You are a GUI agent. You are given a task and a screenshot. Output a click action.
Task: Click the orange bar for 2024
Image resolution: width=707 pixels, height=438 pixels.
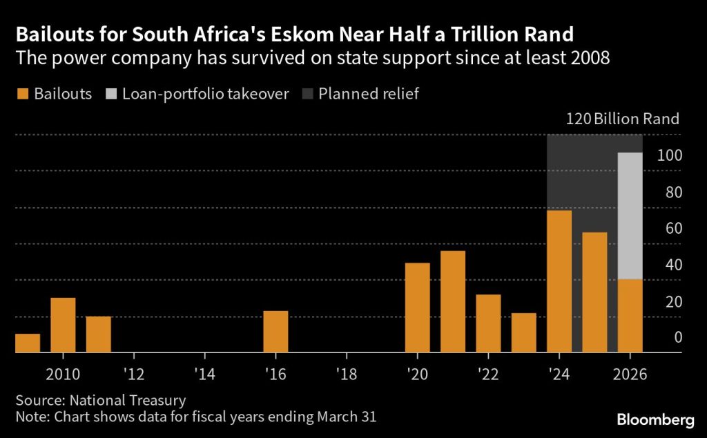[559, 281]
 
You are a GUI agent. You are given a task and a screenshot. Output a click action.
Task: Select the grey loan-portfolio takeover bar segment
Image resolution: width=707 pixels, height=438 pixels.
[630, 216]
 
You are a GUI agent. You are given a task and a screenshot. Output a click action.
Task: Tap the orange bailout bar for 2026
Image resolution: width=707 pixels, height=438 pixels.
[630, 316]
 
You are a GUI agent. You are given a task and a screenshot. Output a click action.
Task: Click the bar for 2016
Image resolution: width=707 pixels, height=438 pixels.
[275, 332]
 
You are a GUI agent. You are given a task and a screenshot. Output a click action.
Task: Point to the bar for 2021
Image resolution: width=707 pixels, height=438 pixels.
[452, 302]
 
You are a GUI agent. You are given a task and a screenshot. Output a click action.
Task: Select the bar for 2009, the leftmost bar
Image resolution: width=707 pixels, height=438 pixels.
[28, 344]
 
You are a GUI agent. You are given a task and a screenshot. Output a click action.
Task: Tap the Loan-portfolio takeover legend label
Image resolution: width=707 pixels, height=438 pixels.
[205, 94]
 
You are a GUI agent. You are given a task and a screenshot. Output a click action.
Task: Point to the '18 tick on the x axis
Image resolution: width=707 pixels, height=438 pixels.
[346, 374]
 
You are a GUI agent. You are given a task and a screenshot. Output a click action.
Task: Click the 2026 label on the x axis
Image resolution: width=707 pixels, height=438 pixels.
[630, 374]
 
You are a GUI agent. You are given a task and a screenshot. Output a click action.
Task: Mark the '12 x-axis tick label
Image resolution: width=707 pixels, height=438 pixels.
[134, 374]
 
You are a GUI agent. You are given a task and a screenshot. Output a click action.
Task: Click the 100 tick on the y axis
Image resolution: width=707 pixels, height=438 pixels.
[669, 156]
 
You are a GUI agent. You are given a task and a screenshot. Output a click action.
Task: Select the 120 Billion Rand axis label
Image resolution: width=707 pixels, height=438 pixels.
[622, 119]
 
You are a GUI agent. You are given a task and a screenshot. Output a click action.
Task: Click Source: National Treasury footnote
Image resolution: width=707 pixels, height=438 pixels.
[101, 400]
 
